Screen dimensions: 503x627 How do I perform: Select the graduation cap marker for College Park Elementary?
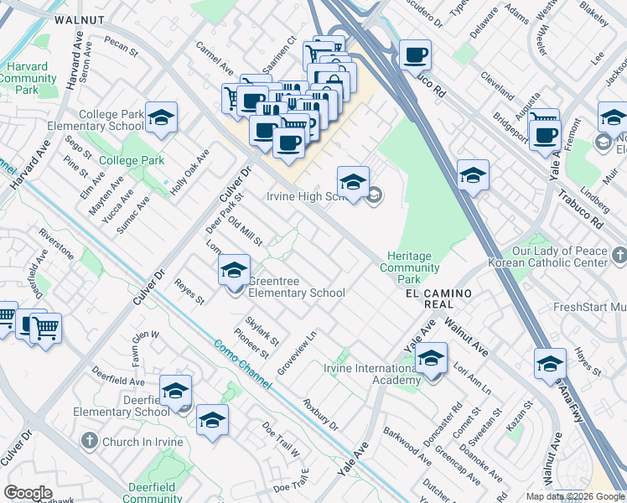(161, 118)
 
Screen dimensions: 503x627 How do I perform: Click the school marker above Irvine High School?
(353, 182)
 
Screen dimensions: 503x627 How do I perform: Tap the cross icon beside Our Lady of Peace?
(619, 253)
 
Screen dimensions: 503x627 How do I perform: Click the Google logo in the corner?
(28, 493)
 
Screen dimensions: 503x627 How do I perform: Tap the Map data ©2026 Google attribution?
(575, 496)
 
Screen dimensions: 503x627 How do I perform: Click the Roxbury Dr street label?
(320, 415)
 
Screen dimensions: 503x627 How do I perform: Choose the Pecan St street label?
(122, 46)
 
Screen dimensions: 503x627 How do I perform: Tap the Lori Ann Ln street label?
(471, 367)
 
